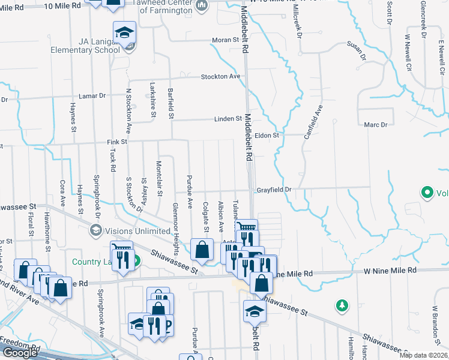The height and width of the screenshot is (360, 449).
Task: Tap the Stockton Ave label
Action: point(221,76)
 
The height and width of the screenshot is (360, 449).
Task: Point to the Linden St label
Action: point(228,119)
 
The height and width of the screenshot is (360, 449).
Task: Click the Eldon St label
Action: point(267,136)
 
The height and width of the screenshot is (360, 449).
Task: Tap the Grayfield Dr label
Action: point(274,190)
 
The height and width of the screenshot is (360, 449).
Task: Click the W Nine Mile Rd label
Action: point(390,271)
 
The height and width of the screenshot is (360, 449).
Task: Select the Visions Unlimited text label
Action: point(137,231)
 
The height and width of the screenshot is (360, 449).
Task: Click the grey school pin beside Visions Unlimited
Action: point(95,230)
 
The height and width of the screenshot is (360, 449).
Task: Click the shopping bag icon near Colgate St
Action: point(202,249)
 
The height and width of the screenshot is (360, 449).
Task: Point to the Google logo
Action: point(19,353)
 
